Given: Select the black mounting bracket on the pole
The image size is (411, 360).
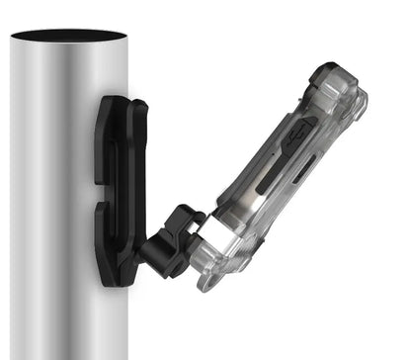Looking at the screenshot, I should coord(119,188).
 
